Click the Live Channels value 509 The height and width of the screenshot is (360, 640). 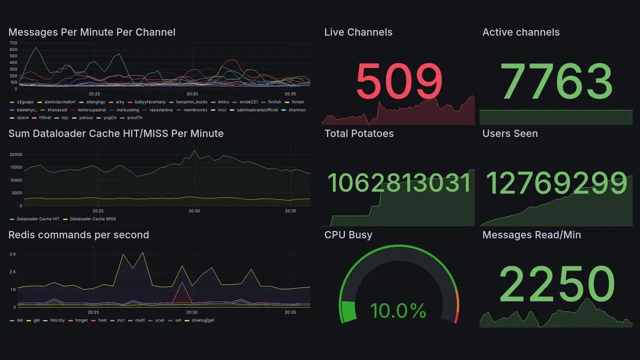(399, 81)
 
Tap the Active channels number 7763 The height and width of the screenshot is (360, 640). (556, 81)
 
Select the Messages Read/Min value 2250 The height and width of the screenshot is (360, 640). (556, 284)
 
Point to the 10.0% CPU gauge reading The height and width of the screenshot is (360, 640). (398, 310)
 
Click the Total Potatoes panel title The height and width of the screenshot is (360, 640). (359, 133)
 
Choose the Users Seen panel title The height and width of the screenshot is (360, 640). (510, 133)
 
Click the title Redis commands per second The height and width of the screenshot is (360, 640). (78, 235)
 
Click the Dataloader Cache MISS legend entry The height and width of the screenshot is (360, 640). (92, 219)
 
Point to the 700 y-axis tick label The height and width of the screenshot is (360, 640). (13, 43)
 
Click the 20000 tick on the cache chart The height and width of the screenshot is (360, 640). (16, 154)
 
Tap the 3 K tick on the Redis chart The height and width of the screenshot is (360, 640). (12, 254)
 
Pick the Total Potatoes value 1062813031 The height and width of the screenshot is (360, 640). (399, 183)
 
